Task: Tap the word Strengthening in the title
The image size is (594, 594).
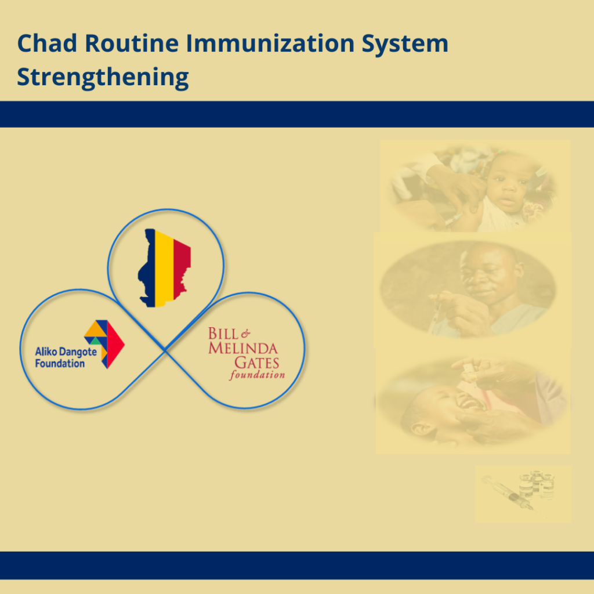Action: [x=103, y=77]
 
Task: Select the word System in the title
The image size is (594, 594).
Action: [x=408, y=44]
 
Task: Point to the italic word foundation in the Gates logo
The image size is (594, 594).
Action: [x=257, y=375]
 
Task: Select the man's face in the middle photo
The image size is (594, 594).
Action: [x=487, y=273]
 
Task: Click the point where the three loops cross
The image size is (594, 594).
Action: [x=165, y=349]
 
